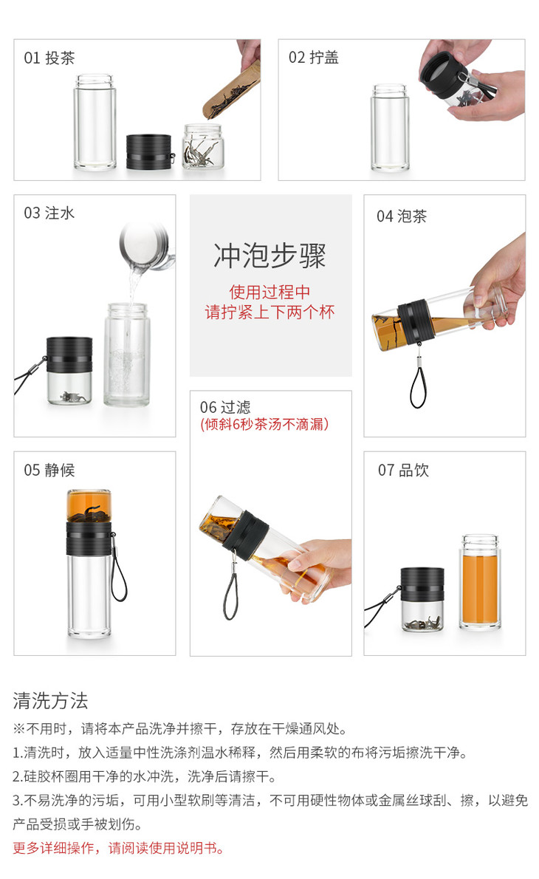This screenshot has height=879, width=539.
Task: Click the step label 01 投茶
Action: pyautogui.click(x=49, y=58)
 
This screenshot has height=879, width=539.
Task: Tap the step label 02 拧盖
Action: pyautogui.click(x=313, y=57)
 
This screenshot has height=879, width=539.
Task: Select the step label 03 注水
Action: pyautogui.click(x=49, y=213)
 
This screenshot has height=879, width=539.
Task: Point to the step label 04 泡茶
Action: pyautogui.click(x=402, y=216)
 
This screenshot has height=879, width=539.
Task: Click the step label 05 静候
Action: pyautogui.click(x=49, y=470)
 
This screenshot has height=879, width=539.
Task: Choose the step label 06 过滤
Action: pyautogui.click(x=225, y=407)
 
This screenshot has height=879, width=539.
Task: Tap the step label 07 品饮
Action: pyautogui.click(x=403, y=470)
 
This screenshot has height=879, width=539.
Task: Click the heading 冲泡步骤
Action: pyautogui.click(x=269, y=256)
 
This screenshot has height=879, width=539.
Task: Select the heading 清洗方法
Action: pyautogui.click(x=50, y=701)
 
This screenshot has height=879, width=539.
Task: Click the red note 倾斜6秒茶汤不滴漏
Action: pyautogui.click(x=264, y=425)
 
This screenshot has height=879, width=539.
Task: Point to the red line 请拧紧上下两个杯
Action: pyautogui.click(x=269, y=312)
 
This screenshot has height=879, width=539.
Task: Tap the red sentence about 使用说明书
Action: pyautogui.click(x=118, y=848)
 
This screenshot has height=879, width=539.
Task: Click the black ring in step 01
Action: pyautogui.click(x=148, y=151)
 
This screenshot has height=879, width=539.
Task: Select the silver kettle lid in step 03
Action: pyautogui.click(x=145, y=245)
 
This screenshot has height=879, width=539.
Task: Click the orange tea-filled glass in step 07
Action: pyautogui.click(x=480, y=582)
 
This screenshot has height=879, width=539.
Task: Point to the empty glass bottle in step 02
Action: pyautogui.click(x=390, y=128)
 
